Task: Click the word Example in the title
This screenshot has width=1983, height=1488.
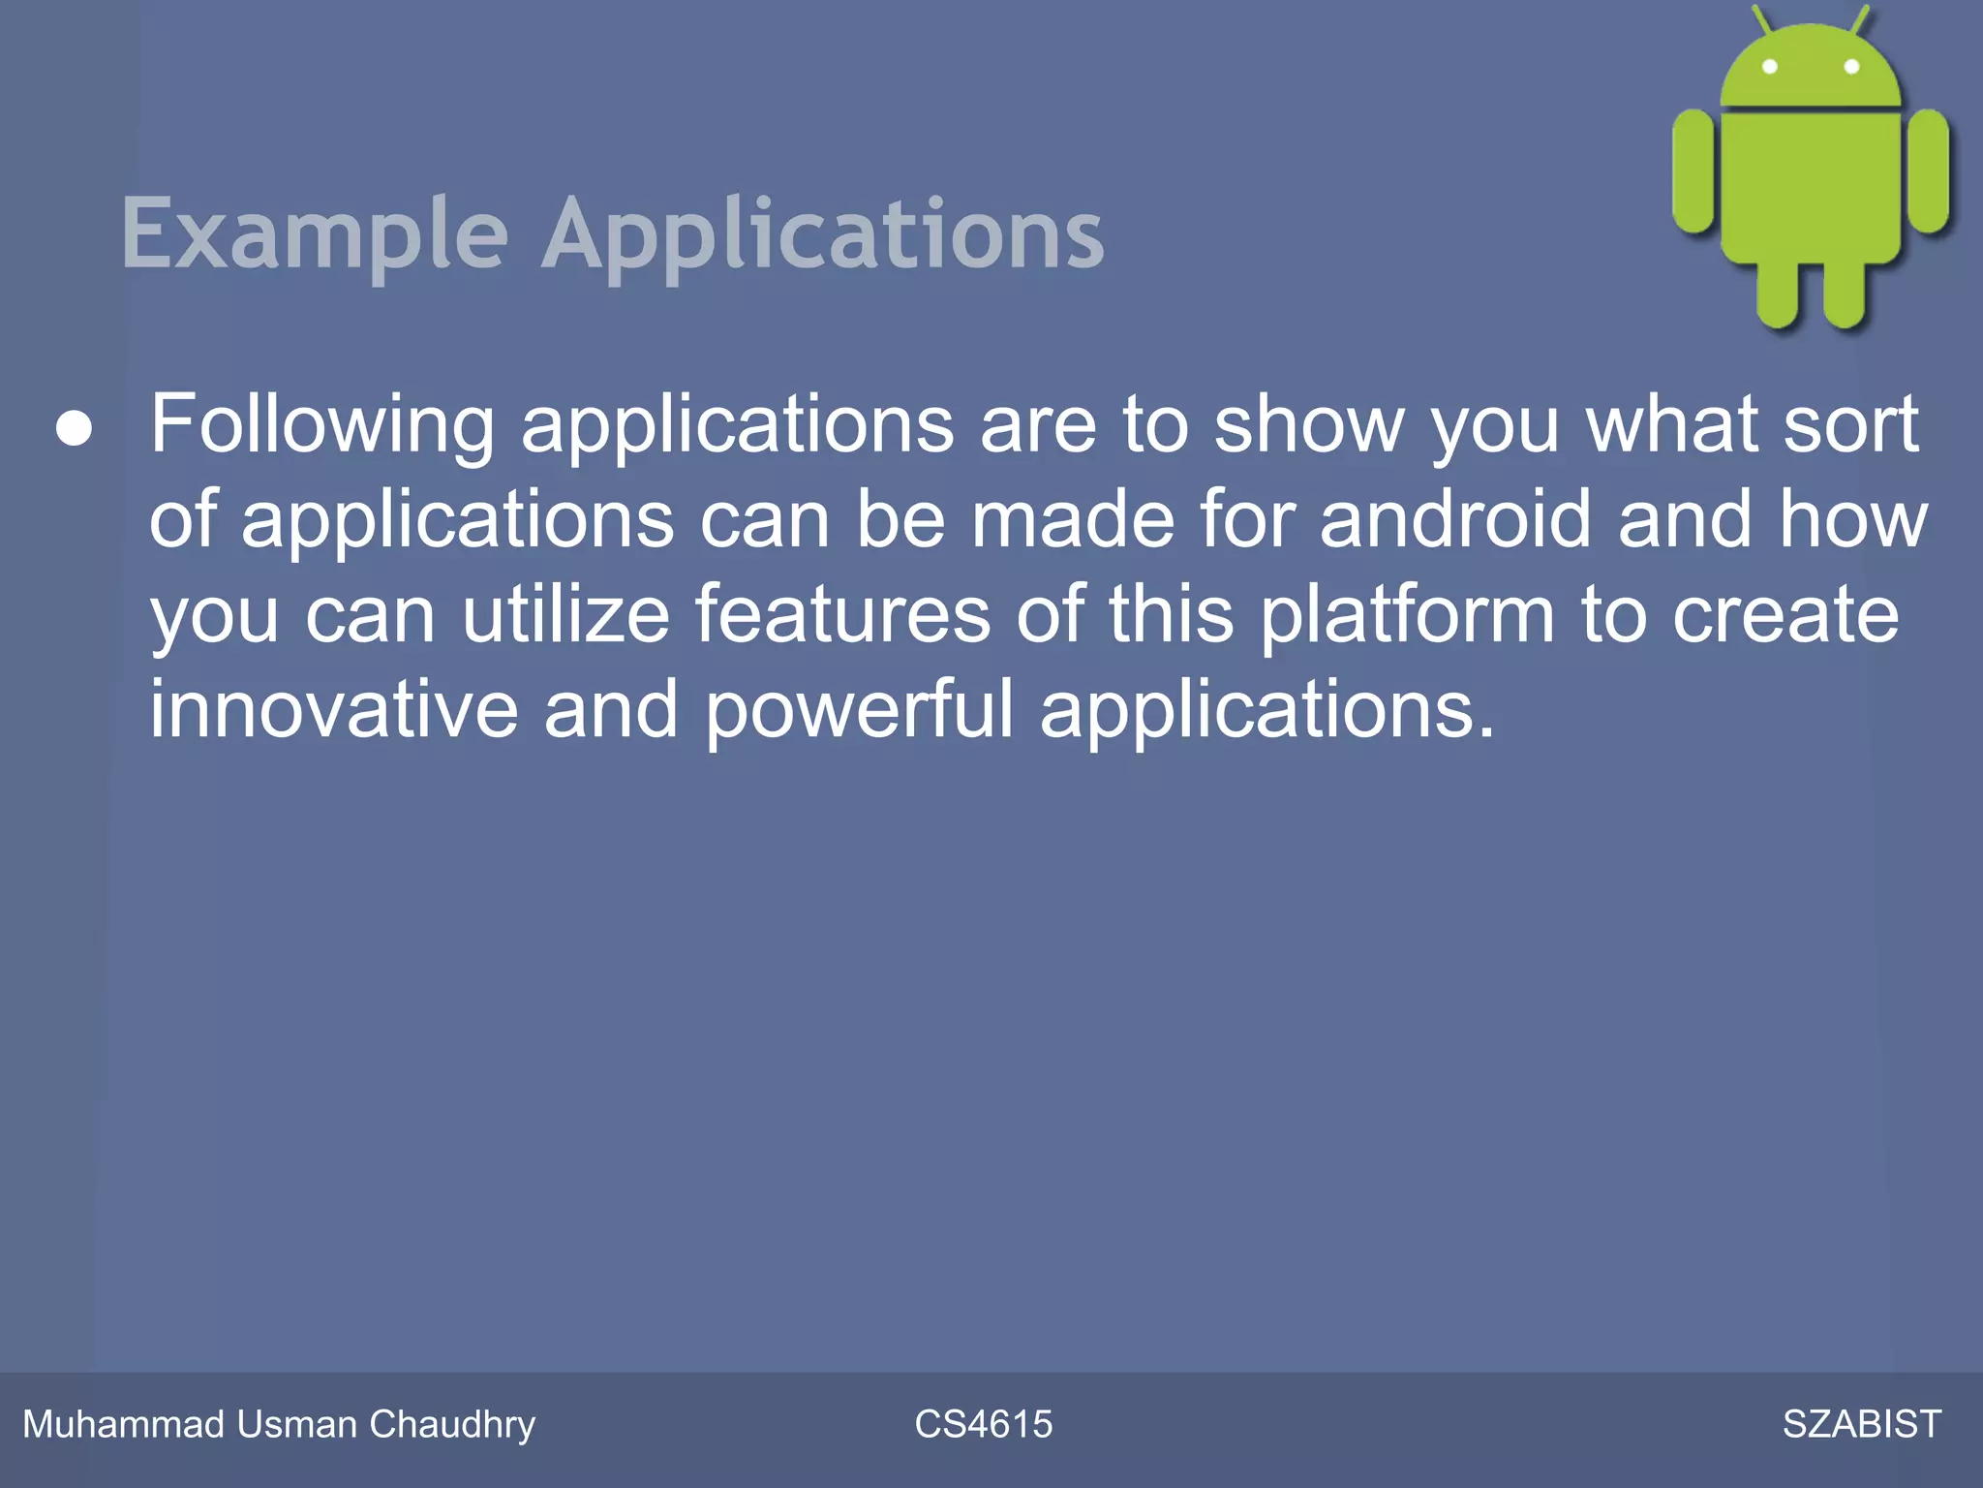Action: click(x=315, y=234)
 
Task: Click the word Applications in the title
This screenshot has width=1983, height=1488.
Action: click(x=822, y=234)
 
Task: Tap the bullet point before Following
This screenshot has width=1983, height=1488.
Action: click(x=75, y=428)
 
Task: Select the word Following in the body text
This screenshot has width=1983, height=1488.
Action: click(x=321, y=426)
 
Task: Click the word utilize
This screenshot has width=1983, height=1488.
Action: click(x=565, y=614)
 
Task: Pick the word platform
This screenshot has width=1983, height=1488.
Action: click(x=1407, y=616)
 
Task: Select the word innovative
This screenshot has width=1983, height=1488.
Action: click(x=333, y=709)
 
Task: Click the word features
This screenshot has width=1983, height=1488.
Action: click(x=842, y=614)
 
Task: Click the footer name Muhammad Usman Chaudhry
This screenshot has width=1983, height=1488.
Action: click(x=279, y=1425)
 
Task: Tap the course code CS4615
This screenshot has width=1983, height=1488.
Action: click(x=983, y=1425)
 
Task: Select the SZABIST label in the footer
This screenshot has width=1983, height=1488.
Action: click(x=1861, y=1425)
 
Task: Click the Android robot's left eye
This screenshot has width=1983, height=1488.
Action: click(x=1769, y=67)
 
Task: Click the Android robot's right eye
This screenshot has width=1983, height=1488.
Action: click(x=1851, y=67)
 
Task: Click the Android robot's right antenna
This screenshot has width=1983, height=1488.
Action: click(x=1860, y=19)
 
